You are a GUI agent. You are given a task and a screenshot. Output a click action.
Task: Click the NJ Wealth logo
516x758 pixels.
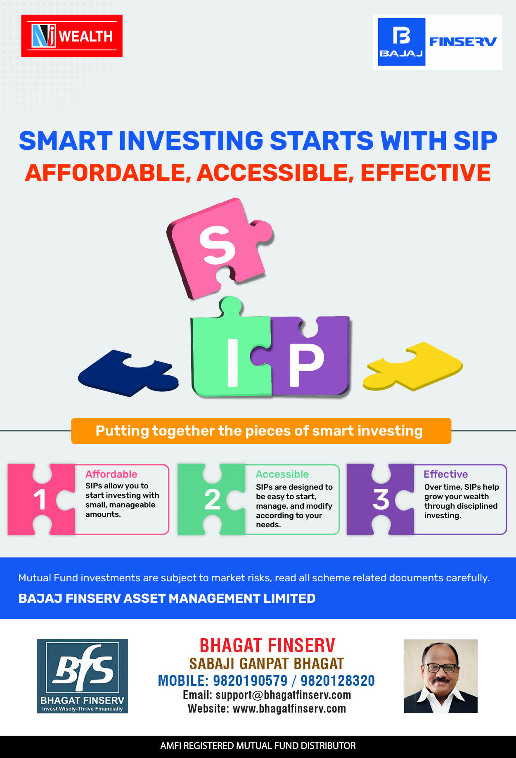72,36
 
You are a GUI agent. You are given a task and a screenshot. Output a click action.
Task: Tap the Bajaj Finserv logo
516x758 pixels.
438,42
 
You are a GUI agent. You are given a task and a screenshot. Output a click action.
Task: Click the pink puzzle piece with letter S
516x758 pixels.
219,248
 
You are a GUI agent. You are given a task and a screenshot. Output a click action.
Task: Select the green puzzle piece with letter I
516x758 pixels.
231,351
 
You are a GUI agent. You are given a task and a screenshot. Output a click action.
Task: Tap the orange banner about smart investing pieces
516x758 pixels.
261,431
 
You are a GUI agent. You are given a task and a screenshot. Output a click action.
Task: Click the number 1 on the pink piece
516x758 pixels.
40,500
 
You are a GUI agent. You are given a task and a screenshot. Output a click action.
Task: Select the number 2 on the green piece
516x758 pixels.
212,500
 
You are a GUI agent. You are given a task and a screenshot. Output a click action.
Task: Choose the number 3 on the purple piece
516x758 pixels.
381,500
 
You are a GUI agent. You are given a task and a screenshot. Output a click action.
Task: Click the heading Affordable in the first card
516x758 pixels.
111,474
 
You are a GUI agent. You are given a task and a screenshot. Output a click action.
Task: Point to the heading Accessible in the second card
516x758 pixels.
282,474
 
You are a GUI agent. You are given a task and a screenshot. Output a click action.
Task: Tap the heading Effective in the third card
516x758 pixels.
446,474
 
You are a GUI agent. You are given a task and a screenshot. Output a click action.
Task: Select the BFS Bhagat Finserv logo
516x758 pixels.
83,676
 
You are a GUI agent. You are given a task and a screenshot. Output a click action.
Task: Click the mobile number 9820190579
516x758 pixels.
250,680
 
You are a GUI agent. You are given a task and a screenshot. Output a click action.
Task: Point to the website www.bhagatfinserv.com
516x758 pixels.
289,708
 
